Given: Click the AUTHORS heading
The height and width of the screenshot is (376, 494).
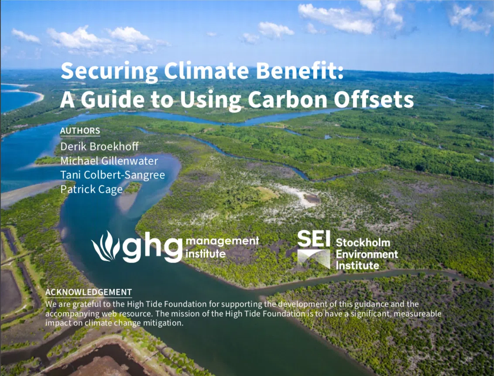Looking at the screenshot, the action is (x=80, y=131).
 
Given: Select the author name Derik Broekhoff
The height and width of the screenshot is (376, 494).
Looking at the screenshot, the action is (x=99, y=147).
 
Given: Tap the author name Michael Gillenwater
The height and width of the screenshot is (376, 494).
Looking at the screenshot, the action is (x=109, y=161).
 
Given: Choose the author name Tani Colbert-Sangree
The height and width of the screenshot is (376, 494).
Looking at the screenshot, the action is (x=113, y=175).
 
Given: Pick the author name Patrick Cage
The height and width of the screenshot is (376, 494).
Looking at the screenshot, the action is (x=91, y=190).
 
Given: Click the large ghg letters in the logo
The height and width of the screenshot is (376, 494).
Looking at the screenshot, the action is (x=152, y=247).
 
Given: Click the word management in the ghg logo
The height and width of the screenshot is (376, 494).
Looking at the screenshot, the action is (x=223, y=241).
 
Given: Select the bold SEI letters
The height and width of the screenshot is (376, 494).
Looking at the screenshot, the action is (x=313, y=239).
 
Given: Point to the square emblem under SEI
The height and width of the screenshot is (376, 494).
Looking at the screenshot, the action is (x=313, y=259).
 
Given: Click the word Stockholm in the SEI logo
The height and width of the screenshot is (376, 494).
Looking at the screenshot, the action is (x=363, y=243).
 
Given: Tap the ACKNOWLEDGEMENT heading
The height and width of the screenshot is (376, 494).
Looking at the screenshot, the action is (x=89, y=292).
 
